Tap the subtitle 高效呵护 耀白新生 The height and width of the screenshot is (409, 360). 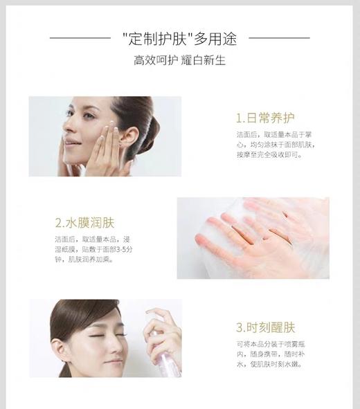[x=179, y=60]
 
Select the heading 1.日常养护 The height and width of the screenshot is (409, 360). [x=266, y=117]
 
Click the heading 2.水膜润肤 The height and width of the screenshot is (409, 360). [x=84, y=223]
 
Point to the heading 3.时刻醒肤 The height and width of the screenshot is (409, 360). [x=266, y=327]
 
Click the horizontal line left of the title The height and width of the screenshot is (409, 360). [x=80, y=37]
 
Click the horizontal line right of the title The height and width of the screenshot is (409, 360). [x=280, y=37]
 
